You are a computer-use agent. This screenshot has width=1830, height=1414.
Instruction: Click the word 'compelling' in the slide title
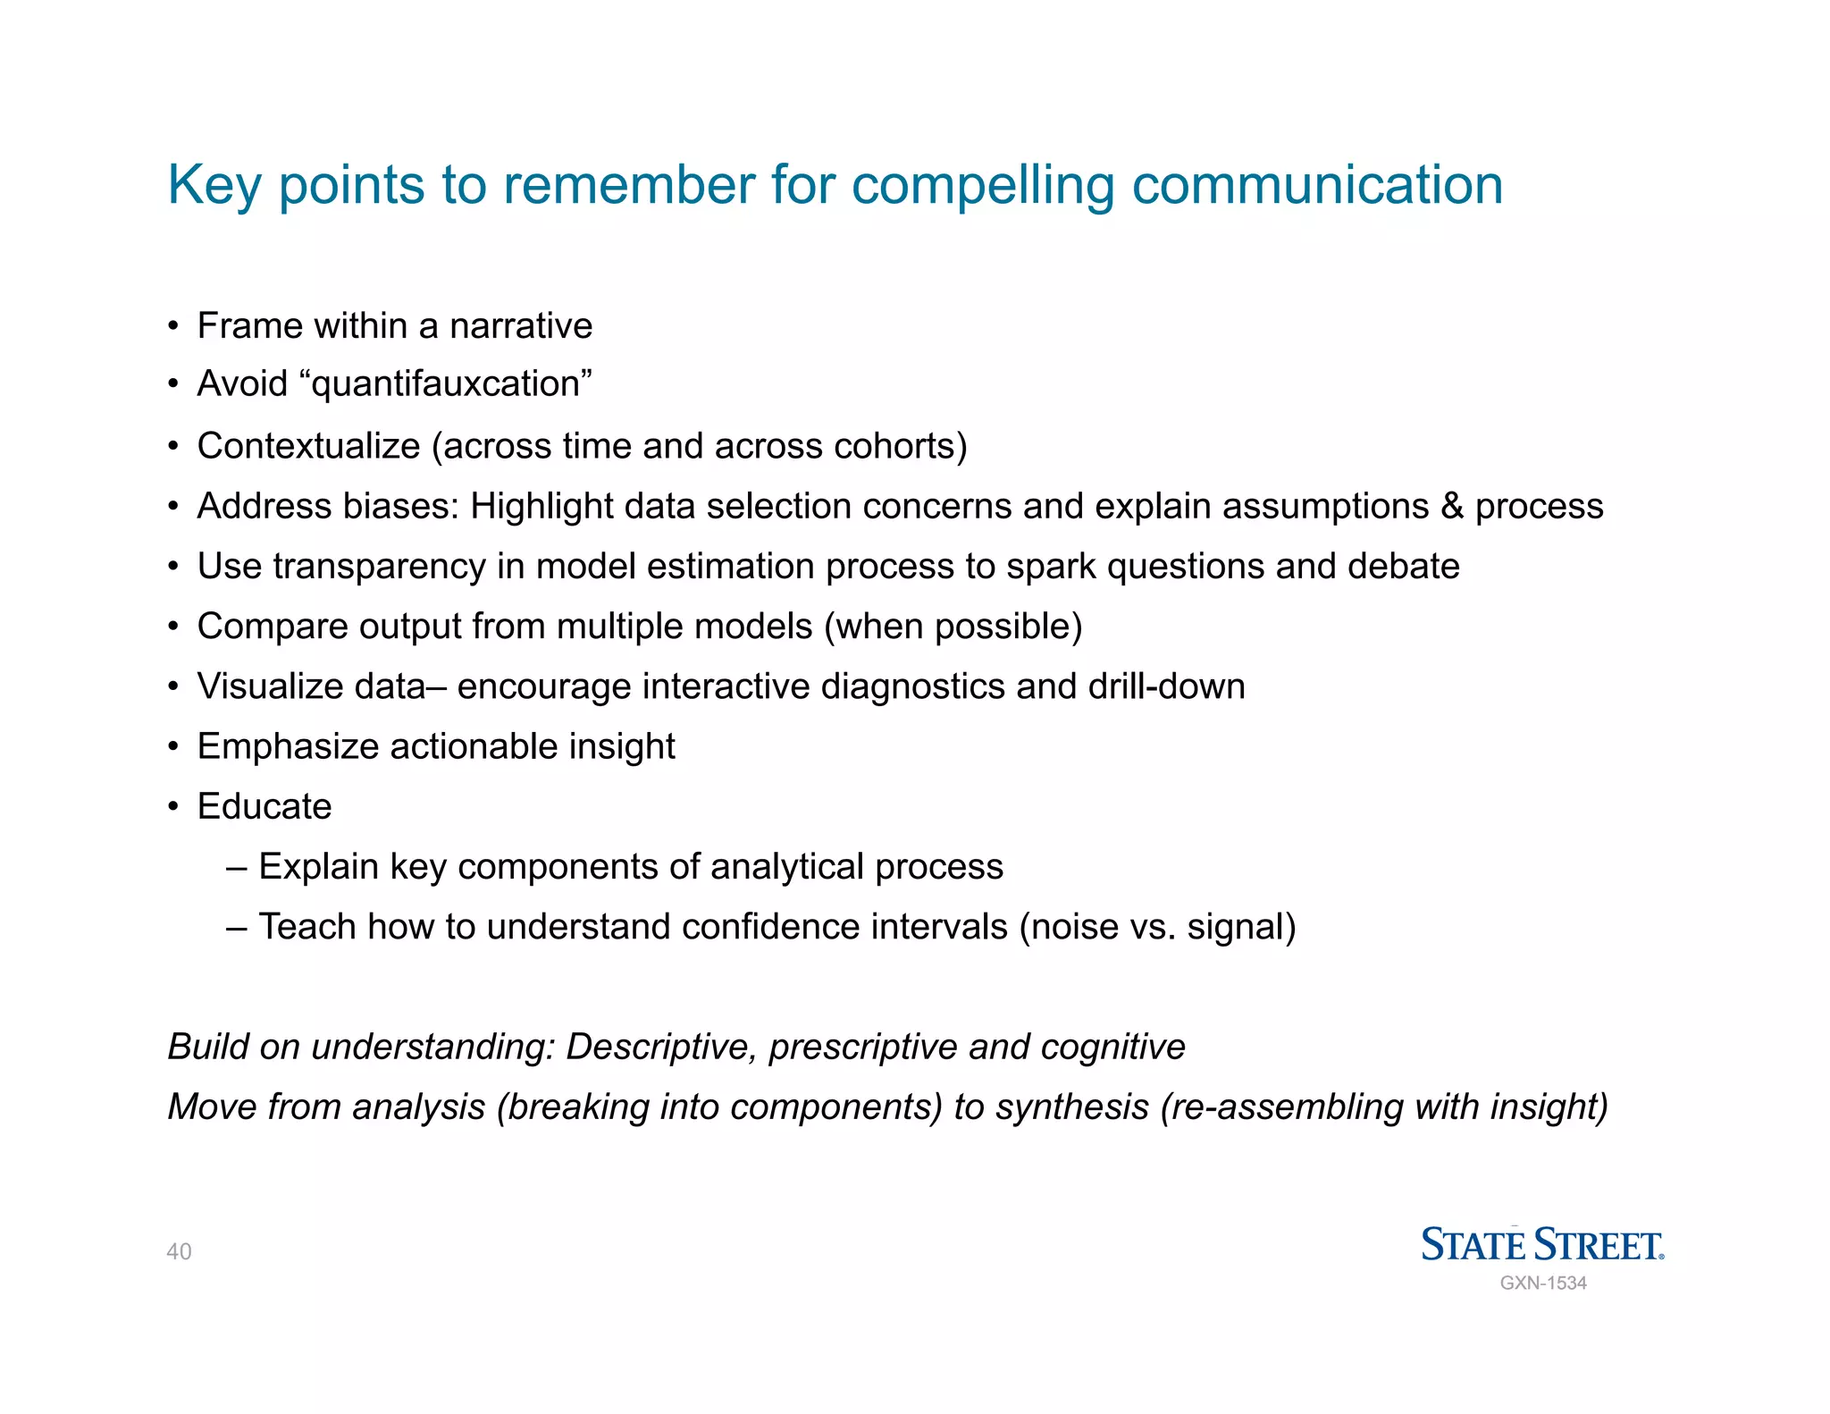(983, 186)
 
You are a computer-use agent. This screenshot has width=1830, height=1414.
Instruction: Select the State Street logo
(1542, 1244)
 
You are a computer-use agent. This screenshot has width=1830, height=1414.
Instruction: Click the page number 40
(179, 1251)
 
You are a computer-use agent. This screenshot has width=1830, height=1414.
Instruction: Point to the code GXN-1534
(1543, 1284)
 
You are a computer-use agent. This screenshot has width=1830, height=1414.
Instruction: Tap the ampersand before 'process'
(1452, 507)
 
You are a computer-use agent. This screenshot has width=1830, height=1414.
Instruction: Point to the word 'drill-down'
(1166, 686)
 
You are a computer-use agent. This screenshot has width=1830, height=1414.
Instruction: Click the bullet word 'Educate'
(264, 806)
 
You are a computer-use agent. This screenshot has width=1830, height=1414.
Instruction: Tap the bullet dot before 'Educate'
(173, 807)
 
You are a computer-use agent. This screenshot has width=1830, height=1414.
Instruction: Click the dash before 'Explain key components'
(237, 867)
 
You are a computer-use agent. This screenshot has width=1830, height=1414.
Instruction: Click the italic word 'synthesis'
(1071, 1107)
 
